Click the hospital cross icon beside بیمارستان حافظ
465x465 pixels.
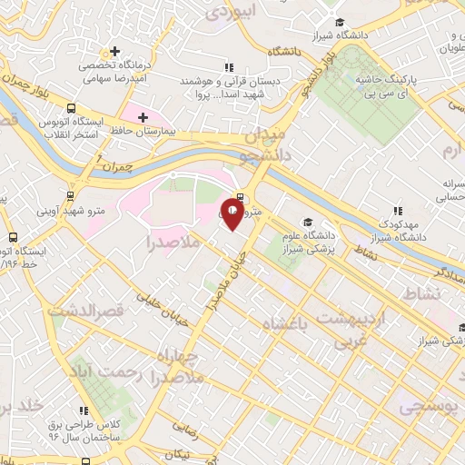coord(143,116)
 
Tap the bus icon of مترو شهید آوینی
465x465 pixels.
coord(70,194)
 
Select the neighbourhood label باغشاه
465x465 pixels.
coord(284,322)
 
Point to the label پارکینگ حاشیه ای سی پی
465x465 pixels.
coord(418,87)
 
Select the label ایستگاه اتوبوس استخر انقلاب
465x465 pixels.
coord(74,128)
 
